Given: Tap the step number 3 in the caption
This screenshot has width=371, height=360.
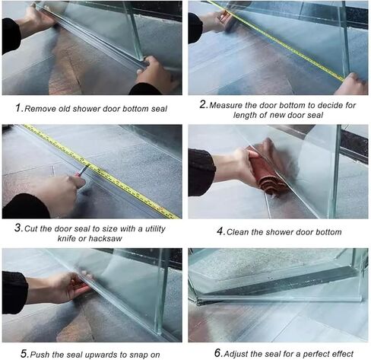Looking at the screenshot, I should [x=17, y=227].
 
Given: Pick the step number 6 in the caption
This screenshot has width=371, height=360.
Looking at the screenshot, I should [x=217, y=353].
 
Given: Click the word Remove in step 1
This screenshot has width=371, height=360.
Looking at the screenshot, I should [x=41, y=108].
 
